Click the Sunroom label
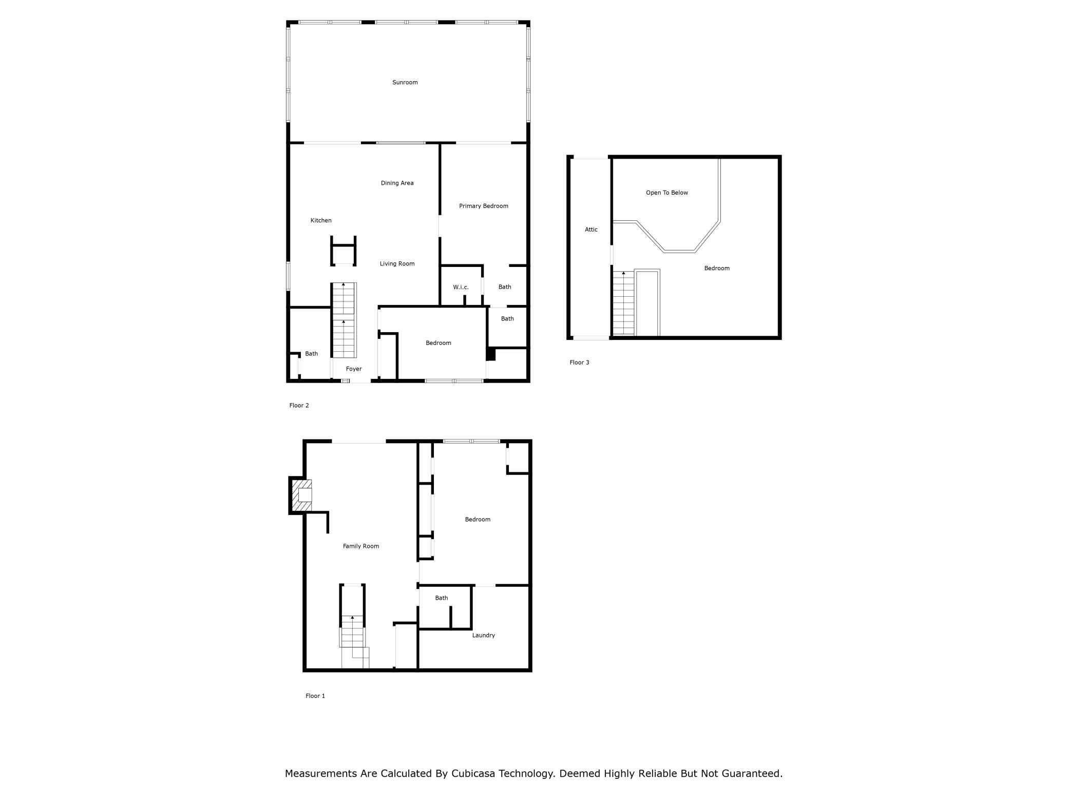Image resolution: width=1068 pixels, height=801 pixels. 405,82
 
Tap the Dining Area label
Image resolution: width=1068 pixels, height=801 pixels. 397,183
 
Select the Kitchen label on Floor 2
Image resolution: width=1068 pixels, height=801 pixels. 321,220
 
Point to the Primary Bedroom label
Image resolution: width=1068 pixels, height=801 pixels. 483,206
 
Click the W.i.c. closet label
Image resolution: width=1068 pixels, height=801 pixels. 461,287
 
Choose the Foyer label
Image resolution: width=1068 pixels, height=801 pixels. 353,369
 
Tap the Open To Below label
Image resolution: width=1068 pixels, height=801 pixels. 666,193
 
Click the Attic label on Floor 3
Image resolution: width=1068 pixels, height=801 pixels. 591,230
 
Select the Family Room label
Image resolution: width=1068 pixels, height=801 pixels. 360,546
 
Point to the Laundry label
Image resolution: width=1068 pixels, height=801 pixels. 483,635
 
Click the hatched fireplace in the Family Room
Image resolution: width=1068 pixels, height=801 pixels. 301,495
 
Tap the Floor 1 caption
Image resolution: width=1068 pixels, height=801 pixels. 315,696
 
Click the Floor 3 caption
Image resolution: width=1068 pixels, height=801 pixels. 579,362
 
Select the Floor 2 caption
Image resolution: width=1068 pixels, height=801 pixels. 299,405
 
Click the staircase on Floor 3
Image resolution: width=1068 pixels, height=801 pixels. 623,303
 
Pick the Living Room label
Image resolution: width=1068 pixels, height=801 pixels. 397,263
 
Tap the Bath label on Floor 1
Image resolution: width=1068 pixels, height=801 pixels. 441,598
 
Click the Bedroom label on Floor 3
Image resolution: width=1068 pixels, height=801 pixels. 716,268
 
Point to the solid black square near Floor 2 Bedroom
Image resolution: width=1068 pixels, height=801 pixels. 490,354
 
